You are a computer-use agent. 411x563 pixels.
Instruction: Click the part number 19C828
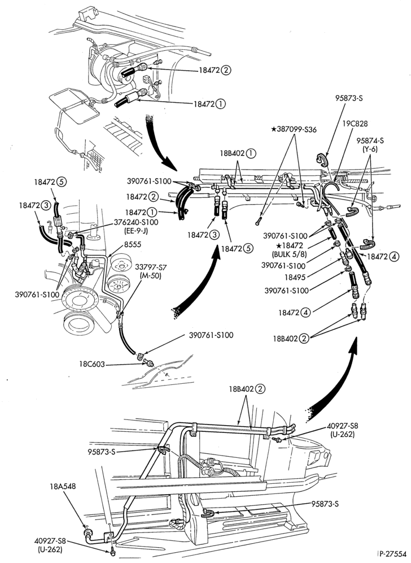point(355,124)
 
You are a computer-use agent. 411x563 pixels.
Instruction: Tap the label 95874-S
point(370,140)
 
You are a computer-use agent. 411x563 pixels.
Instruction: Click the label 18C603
point(92,364)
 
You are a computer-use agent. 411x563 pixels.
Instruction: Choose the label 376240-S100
point(135,222)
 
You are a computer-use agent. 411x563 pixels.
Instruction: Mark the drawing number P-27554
point(394,553)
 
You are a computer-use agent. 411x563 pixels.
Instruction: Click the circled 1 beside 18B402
point(251,153)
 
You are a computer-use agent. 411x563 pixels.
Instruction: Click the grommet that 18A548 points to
point(87,531)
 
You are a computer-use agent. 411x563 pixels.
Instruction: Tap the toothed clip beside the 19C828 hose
point(323,160)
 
